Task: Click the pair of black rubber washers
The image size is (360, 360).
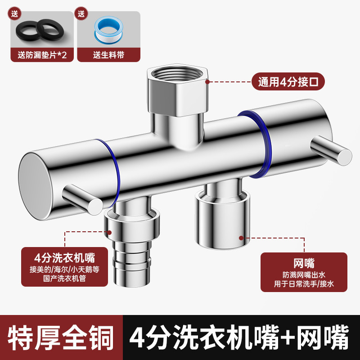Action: click(x=38, y=30)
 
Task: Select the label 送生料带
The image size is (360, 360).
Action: click(x=108, y=55)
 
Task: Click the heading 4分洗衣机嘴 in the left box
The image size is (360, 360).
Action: click(x=65, y=258)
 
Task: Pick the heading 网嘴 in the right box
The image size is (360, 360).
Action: click(x=304, y=263)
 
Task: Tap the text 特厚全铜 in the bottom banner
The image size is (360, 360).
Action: click(x=61, y=337)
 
